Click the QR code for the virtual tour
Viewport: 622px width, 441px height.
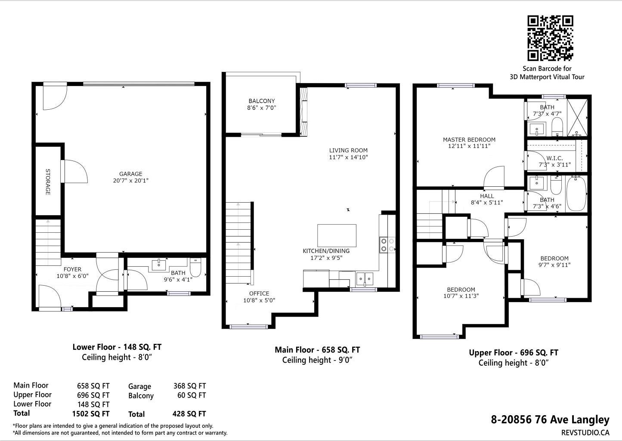point(551,38)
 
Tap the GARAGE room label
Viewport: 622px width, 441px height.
point(130,174)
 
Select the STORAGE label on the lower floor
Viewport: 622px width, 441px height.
point(48,182)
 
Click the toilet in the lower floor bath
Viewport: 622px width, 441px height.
point(196,267)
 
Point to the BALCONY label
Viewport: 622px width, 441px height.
point(262,101)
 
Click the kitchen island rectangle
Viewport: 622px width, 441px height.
point(337,235)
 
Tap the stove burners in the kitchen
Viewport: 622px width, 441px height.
point(387,245)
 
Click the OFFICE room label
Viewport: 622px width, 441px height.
point(259,293)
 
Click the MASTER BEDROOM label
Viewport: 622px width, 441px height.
point(469,139)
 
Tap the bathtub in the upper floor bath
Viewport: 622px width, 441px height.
point(576,194)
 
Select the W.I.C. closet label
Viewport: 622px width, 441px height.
point(554,158)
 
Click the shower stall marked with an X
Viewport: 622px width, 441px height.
point(577,117)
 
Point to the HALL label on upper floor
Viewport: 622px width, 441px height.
point(487,196)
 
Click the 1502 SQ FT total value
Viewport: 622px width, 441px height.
point(91,414)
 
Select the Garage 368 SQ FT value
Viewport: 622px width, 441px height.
point(190,386)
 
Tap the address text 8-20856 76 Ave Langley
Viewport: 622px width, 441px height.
point(550,419)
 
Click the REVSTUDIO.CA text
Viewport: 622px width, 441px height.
point(585,433)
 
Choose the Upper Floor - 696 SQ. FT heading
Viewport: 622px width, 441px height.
point(514,352)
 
